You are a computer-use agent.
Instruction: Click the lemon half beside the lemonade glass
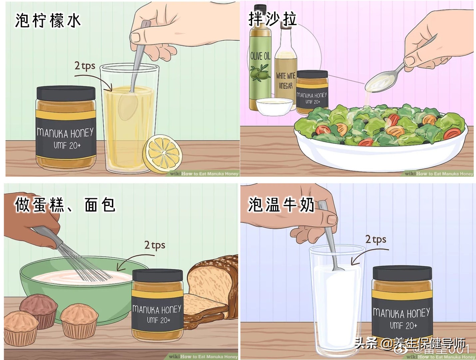163,154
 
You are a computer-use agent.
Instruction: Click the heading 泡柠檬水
48,21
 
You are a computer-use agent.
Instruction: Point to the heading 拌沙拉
272,19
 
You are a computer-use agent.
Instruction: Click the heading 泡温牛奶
281,204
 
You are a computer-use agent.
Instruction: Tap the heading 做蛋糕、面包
65,205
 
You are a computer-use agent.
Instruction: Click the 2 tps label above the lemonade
85,66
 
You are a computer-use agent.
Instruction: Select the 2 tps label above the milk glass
375,239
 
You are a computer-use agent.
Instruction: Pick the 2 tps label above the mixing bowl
155,245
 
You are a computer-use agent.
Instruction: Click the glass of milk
336,300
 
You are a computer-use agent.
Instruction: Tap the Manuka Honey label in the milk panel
401,319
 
